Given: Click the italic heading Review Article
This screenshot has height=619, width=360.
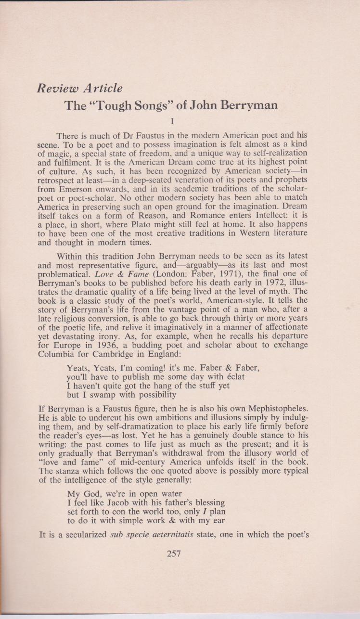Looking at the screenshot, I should (80, 89).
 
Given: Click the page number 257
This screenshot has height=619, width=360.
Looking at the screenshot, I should (173, 554).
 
